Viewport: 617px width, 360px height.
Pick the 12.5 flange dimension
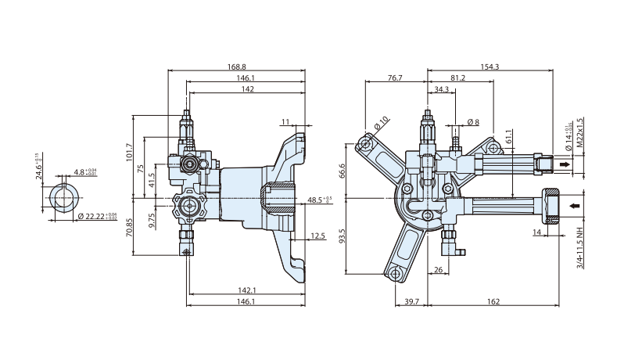317,236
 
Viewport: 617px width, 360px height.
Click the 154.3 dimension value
490,67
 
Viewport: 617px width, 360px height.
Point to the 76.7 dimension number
395,78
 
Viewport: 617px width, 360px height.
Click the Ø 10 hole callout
382,123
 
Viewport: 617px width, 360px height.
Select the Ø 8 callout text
472,122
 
